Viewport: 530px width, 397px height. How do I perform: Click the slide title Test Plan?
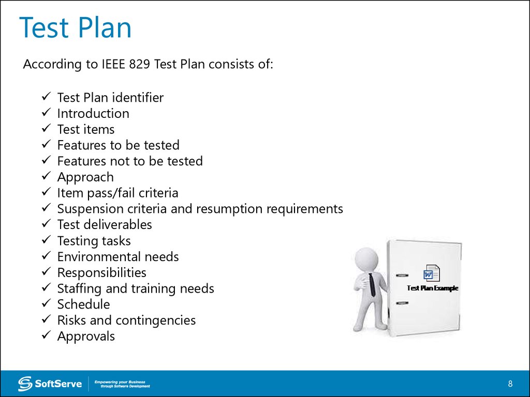point(75,28)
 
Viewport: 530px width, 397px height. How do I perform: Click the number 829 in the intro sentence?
point(139,64)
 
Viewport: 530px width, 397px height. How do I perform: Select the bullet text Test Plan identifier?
point(110,98)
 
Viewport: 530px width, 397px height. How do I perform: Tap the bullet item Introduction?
point(93,113)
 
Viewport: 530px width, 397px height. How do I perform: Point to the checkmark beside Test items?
point(46,128)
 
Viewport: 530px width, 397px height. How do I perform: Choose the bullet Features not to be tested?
point(130,161)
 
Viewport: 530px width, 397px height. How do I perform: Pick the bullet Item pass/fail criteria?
point(117,193)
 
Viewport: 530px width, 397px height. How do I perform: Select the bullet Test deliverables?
point(105,224)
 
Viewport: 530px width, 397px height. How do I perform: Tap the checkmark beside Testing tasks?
point(46,240)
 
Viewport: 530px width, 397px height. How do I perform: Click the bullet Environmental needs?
point(118,256)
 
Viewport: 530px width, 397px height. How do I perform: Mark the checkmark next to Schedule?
point(46,303)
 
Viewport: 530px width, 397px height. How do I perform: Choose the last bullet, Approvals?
point(86,337)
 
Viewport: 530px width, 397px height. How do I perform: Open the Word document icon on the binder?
point(432,273)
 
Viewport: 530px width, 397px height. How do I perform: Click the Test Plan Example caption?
point(432,288)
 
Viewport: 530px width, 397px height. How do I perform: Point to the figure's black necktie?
point(372,285)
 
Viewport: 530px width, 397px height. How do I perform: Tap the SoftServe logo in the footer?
point(50,384)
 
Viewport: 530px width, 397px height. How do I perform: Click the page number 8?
point(510,384)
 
